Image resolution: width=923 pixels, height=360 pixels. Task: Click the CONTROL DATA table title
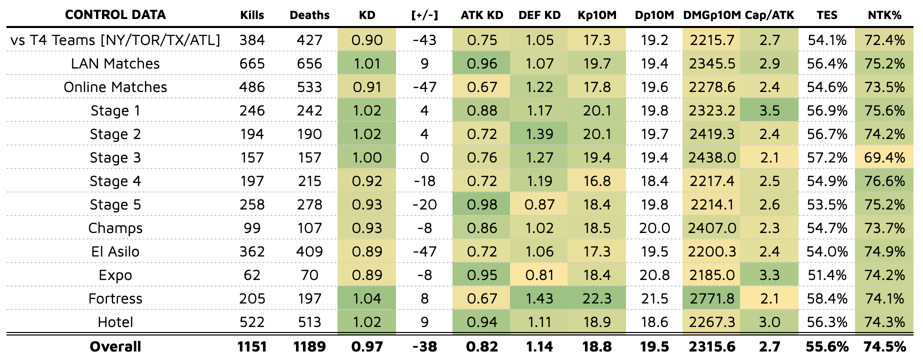115,14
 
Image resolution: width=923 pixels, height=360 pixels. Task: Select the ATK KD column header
481,15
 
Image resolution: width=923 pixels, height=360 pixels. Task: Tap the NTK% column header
884,15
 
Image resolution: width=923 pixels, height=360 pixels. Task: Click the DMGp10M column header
711,15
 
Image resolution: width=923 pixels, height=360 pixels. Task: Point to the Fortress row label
115,298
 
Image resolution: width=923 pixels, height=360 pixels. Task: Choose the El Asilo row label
115,251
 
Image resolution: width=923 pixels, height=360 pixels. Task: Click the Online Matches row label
115,87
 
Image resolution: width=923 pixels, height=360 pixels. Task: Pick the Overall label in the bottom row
115,346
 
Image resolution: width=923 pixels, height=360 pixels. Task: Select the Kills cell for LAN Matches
252,63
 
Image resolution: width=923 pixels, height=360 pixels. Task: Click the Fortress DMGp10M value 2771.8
711,298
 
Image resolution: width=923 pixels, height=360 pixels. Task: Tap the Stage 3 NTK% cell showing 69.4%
884,157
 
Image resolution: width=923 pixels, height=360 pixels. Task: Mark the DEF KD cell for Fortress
539,298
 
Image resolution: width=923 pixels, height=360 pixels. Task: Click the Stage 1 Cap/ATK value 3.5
769,110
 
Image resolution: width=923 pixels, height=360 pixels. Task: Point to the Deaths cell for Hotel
309,322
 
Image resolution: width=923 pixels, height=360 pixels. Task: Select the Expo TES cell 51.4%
826,275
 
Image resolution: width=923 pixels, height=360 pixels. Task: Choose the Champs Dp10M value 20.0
654,228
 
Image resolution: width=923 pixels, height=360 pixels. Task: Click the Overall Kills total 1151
252,346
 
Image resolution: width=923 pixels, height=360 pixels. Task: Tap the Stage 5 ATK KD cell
481,204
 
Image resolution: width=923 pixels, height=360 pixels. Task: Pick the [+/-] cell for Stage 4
424,181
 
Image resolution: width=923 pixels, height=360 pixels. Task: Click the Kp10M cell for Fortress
596,298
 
